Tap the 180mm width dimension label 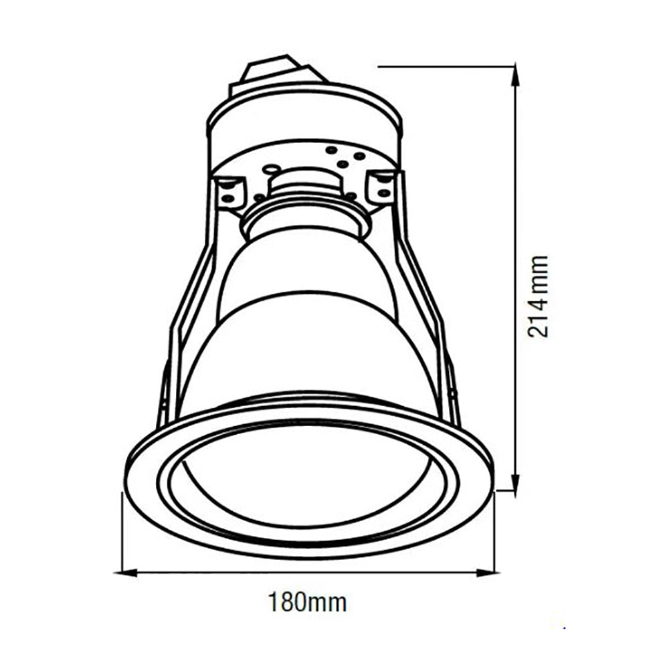tap(307, 603)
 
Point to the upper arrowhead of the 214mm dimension tap(516, 76)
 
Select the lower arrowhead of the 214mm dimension tap(516, 480)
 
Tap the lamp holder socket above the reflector tap(303, 205)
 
